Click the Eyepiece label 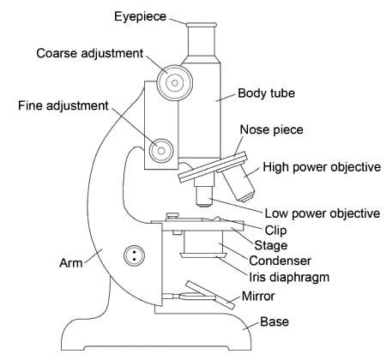point(140,16)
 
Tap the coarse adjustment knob point(175,83)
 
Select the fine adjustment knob point(161,150)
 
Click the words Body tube point(266,93)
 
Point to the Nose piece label point(271,129)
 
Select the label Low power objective point(323,213)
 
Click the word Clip point(275,231)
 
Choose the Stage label point(271,245)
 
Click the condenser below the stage point(203,244)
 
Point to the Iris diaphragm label point(289,277)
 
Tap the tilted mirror point(210,295)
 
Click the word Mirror point(258,297)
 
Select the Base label point(274,321)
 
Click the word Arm point(70,263)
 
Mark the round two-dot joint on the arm point(134,255)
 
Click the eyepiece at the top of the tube point(201,40)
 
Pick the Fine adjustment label point(63,105)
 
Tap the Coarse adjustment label point(90,53)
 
